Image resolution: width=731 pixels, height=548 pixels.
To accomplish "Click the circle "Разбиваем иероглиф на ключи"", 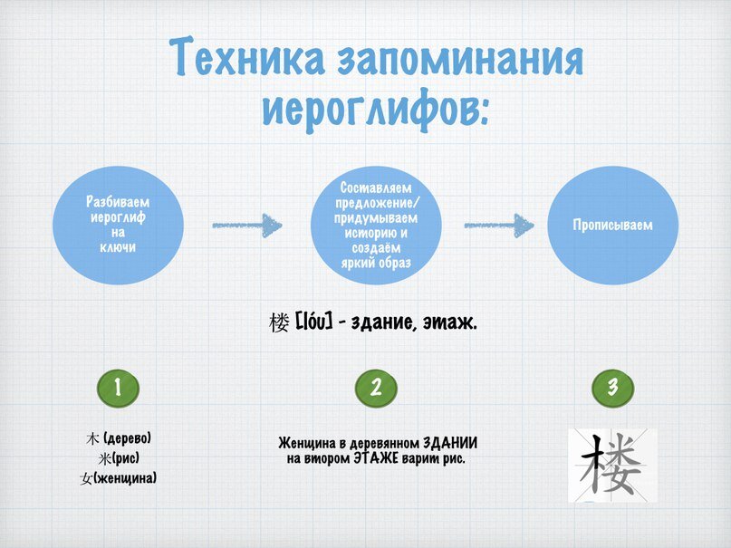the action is (x=117, y=224).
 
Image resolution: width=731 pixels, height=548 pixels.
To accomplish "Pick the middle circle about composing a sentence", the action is (x=376, y=224).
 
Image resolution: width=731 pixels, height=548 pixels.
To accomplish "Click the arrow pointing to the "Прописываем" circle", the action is (x=498, y=224).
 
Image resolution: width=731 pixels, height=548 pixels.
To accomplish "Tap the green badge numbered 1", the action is (x=118, y=388).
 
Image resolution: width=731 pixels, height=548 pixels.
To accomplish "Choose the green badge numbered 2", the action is (x=377, y=388).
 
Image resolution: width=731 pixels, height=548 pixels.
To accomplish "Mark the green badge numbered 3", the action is (x=612, y=388).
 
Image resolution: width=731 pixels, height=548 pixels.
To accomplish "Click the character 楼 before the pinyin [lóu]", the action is (x=279, y=322).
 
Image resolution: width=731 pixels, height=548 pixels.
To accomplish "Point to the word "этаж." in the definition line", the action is (x=447, y=323).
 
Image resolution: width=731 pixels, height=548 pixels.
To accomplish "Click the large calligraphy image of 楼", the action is (x=612, y=465).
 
